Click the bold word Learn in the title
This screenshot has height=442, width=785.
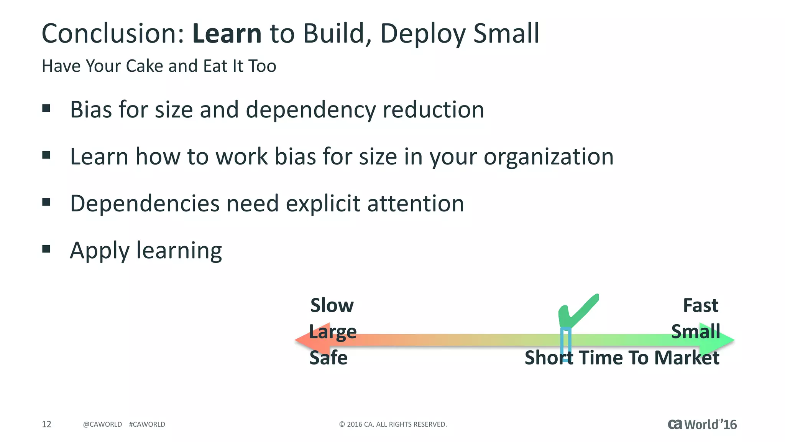[227, 34]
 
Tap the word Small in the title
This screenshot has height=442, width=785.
[506, 34]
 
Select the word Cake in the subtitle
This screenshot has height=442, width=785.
[145, 66]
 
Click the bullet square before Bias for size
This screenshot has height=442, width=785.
[46, 108]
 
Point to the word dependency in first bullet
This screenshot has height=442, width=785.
[311, 110]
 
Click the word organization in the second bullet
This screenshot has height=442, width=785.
[549, 157]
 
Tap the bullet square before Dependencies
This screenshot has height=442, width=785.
[46, 202]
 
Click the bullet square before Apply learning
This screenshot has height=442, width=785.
[46, 249]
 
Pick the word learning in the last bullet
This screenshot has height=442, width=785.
[179, 251]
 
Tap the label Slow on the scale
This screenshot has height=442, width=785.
[332, 305]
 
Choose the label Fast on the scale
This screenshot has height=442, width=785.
[700, 305]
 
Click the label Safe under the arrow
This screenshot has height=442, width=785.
[328, 358]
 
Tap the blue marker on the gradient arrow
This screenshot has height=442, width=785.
[566, 343]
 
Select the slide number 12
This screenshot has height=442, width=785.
[46, 424]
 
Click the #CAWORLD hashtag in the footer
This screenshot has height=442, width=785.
[147, 424]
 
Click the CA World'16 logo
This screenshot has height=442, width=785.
[702, 424]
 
